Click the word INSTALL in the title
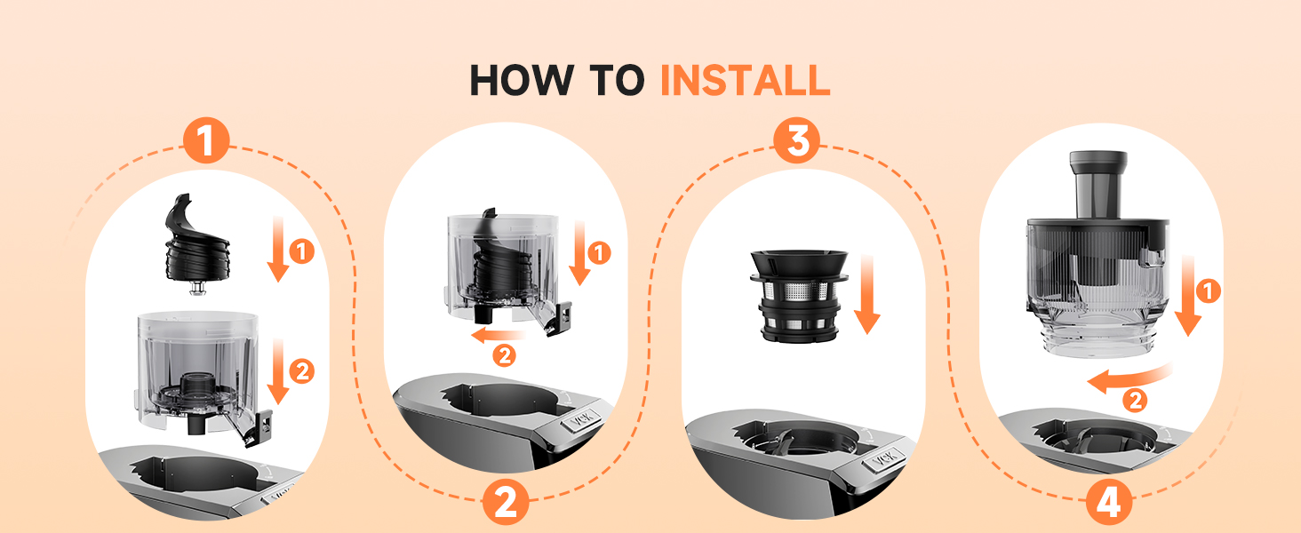coord(745,81)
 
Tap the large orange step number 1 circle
coord(206,143)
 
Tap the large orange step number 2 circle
coord(505,503)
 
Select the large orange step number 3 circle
coord(797,143)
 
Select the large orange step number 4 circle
coord(1108,503)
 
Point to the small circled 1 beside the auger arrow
coord(302,252)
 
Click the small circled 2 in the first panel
coord(302,371)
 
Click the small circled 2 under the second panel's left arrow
coord(504,356)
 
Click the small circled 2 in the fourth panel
coord(1134,401)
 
